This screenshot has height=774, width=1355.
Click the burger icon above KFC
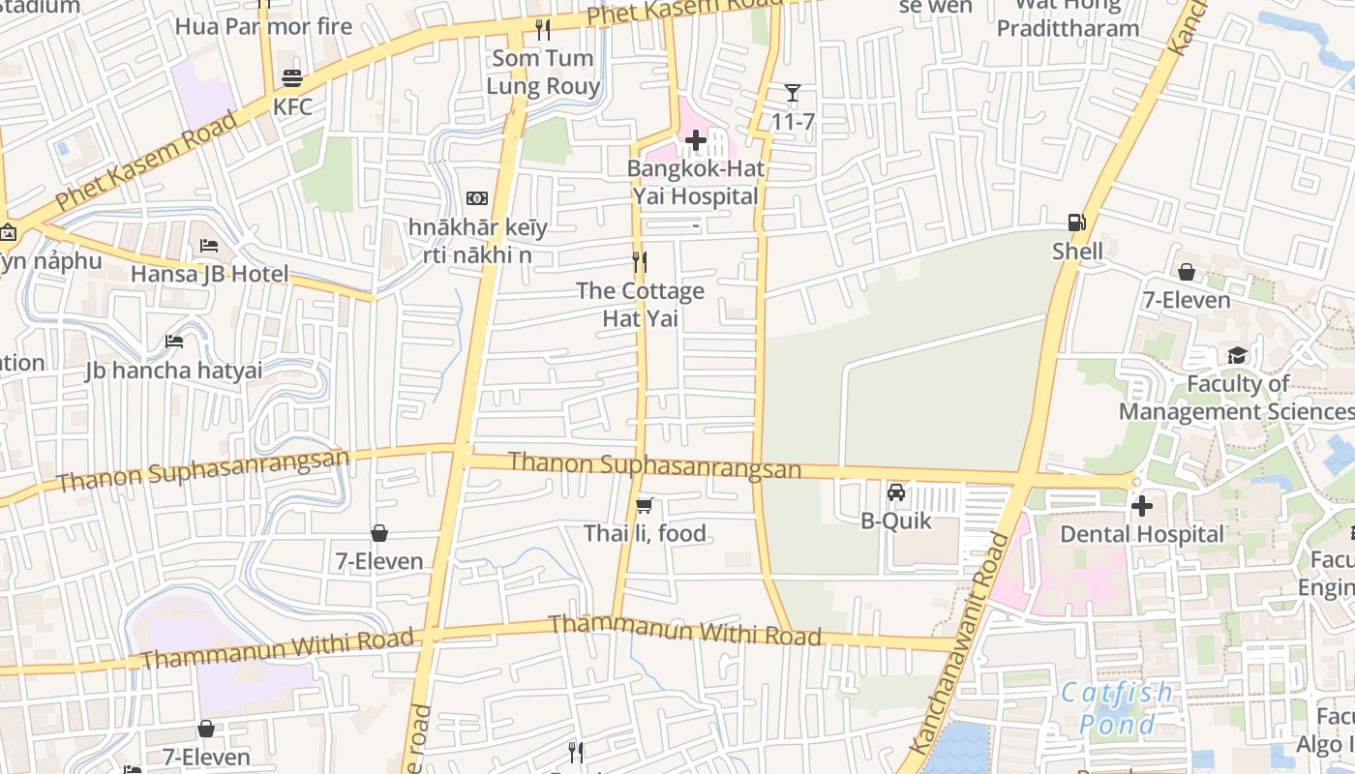coord(291,78)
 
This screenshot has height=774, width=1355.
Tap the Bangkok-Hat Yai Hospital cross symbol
coord(695,141)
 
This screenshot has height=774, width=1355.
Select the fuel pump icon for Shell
coord(1076,223)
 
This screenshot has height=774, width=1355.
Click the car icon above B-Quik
coord(896,492)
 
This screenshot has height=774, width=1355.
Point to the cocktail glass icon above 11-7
coord(793,93)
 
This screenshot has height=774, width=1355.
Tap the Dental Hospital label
coord(1142,534)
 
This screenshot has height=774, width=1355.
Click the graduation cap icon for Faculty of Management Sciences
coord(1237,356)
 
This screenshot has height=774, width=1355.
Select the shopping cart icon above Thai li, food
coord(644,505)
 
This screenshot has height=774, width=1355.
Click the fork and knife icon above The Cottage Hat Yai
coord(639,262)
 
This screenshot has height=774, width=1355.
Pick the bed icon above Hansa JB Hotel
coord(208,246)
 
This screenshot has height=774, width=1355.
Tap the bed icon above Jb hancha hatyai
coord(174,342)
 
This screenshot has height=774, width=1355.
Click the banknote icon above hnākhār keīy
coord(476,198)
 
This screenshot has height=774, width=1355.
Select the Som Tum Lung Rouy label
coord(543,72)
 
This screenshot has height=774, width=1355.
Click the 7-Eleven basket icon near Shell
coord(1186,272)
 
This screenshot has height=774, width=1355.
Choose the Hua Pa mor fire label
coord(263,26)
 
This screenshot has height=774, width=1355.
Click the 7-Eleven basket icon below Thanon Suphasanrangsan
coord(378,533)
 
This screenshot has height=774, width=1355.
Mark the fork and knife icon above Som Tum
coord(543,30)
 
